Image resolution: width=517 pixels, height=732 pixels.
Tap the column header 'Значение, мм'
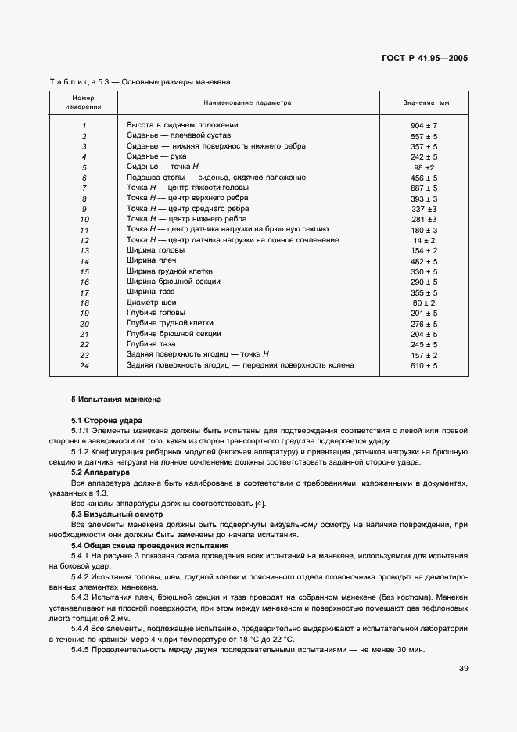[x=425, y=102]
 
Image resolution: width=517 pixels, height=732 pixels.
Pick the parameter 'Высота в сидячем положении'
[x=181, y=125]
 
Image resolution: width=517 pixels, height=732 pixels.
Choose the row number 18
[x=84, y=303]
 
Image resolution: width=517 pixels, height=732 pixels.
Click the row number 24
[x=84, y=365]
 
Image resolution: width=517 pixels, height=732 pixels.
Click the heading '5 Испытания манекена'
[x=116, y=400]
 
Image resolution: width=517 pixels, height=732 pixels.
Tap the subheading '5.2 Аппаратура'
[x=102, y=472]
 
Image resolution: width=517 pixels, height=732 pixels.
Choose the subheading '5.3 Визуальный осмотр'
[x=117, y=514]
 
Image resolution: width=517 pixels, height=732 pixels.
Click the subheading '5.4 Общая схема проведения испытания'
[x=149, y=545]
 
